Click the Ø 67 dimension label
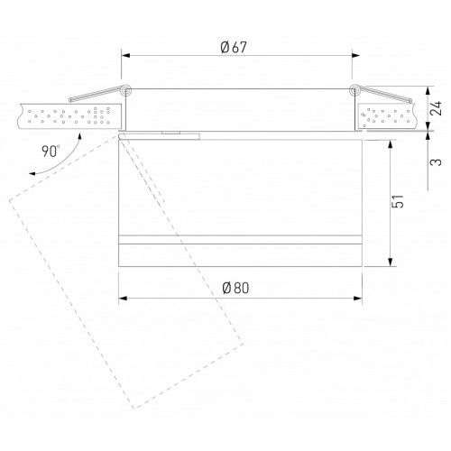pos(234,48)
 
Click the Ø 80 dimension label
pos(235,288)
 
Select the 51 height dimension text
pos(397,201)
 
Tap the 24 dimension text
pos(436,108)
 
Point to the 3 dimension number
pos(437,162)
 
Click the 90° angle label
pos(51,152)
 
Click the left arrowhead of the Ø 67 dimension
pos(125,55)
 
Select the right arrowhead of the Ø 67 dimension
pos(355,55)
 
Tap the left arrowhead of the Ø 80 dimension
pos(123,299)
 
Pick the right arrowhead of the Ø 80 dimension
pos(358,299)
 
